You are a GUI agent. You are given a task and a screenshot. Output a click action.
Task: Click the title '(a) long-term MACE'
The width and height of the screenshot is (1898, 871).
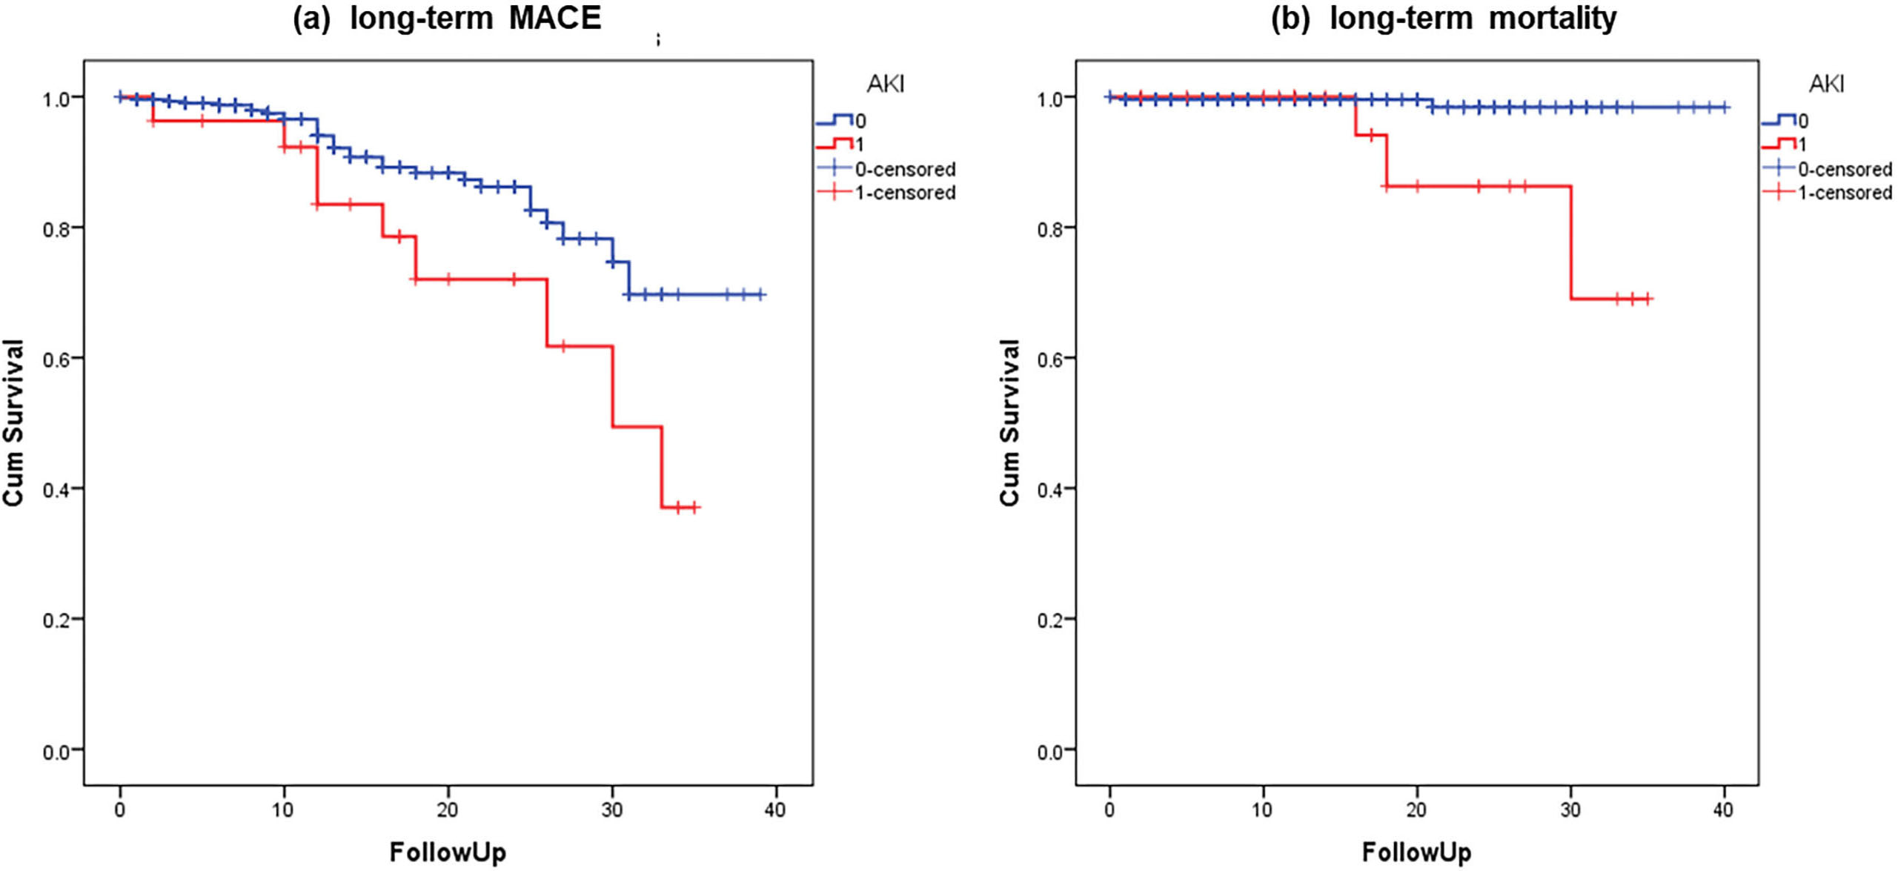[x=447, y=18]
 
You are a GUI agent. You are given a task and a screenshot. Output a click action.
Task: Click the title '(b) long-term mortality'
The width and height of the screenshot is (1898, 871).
[x=1443, y=18]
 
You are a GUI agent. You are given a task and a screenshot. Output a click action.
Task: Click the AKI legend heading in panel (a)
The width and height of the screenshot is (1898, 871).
[x=886, y=84]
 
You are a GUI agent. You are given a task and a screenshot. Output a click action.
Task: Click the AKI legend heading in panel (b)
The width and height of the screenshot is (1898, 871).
[x=1826, y=84]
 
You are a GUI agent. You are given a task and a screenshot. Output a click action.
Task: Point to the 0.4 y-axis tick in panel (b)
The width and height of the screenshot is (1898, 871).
[x=1050, y=489]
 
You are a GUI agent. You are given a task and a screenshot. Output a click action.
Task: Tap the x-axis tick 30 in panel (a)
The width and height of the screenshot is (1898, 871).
[x=612, y=809]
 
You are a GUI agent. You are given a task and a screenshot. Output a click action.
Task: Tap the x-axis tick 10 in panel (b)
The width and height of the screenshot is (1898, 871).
[x=1262, y=809]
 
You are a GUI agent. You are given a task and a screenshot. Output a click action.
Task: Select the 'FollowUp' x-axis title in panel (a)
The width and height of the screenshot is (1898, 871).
[x=448, y=852]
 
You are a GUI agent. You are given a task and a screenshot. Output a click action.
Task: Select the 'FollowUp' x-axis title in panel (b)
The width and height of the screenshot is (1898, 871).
[x=1416, y=852]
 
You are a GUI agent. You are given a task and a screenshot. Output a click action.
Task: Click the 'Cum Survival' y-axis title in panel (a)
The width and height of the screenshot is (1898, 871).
[x=14, y=423]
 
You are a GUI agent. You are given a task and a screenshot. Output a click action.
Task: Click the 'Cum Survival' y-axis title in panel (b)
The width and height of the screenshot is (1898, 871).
[x=1009, y=423]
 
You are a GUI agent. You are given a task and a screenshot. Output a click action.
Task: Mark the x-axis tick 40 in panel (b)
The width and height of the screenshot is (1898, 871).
[x=1723, y=809]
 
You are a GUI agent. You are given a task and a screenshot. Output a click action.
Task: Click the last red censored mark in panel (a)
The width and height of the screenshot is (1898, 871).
[x=694, y=508]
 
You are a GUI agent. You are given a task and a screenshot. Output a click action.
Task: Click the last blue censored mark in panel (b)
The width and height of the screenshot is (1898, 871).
[x=1724, y=107]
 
